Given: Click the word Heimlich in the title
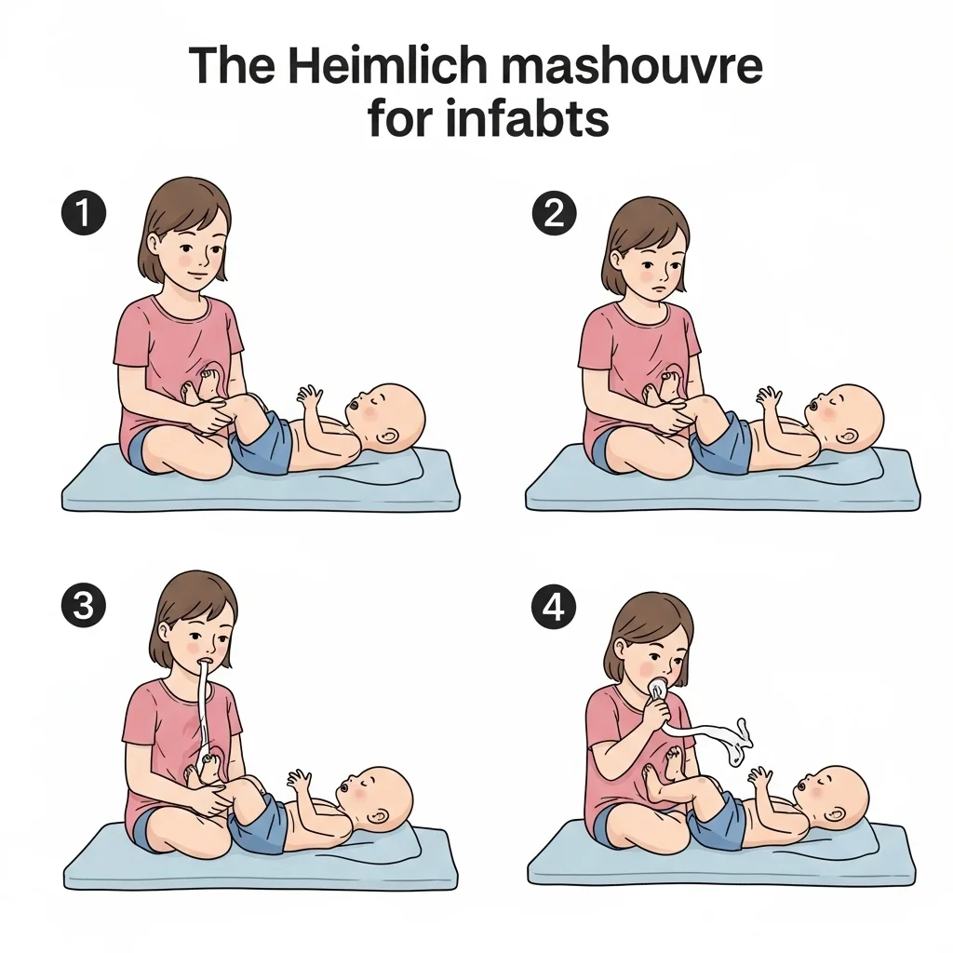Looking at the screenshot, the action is [x=383, y=65].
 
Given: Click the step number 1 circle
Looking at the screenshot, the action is [x=84, y=213].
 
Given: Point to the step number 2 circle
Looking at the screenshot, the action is [x=555, y=213].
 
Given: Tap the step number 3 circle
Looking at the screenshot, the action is [x=84, y=606].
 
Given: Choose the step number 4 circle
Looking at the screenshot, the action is [x=555, y=606].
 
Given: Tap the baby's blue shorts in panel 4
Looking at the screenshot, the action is [x=718, y=822].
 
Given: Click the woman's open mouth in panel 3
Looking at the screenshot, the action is [x=207, y=662].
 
